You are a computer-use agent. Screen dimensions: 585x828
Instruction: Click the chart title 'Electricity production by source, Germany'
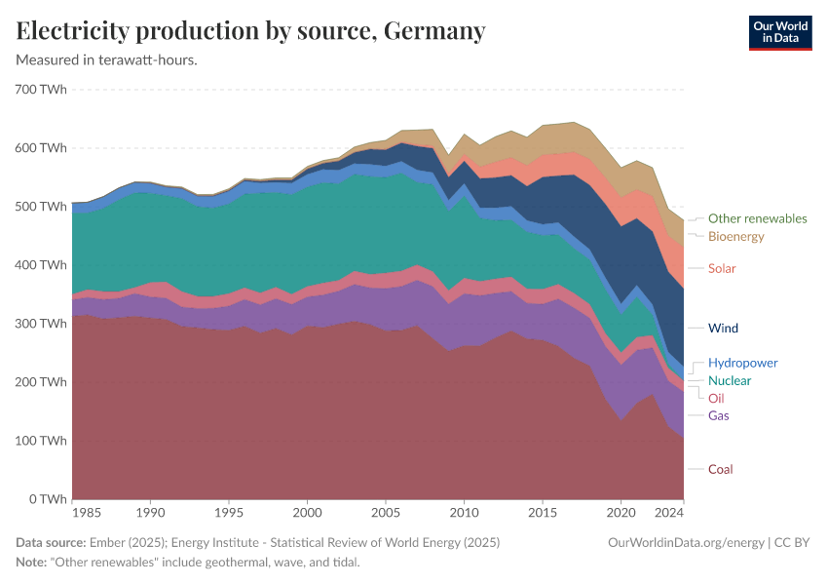pos(251,31)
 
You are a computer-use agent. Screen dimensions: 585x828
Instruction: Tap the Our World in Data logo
pos(780,32)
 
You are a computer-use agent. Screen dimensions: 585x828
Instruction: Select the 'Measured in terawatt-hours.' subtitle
pos(107,59)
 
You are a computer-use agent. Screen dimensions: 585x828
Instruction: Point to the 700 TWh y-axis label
pos(41,90)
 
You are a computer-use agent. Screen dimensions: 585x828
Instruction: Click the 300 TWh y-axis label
pos(41,324)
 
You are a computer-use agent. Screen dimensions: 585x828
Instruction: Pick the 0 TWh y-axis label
pos(48,499)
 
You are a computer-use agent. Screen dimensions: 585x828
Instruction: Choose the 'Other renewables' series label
pos(757,218)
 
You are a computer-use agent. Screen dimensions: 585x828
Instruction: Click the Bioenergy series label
pos(735,236)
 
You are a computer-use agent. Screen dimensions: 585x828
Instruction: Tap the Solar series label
pos(722,268)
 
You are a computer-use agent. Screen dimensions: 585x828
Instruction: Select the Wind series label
pos(723,328)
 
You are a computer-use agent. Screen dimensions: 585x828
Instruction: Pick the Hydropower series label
pos(742,363)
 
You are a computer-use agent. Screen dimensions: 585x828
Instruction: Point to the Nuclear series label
pos(730,380)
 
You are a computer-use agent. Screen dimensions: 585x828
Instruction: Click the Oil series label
pos(716,398)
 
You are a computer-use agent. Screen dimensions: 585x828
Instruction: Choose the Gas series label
pos(718,415)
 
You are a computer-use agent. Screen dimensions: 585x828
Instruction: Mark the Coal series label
pos(720,469)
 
